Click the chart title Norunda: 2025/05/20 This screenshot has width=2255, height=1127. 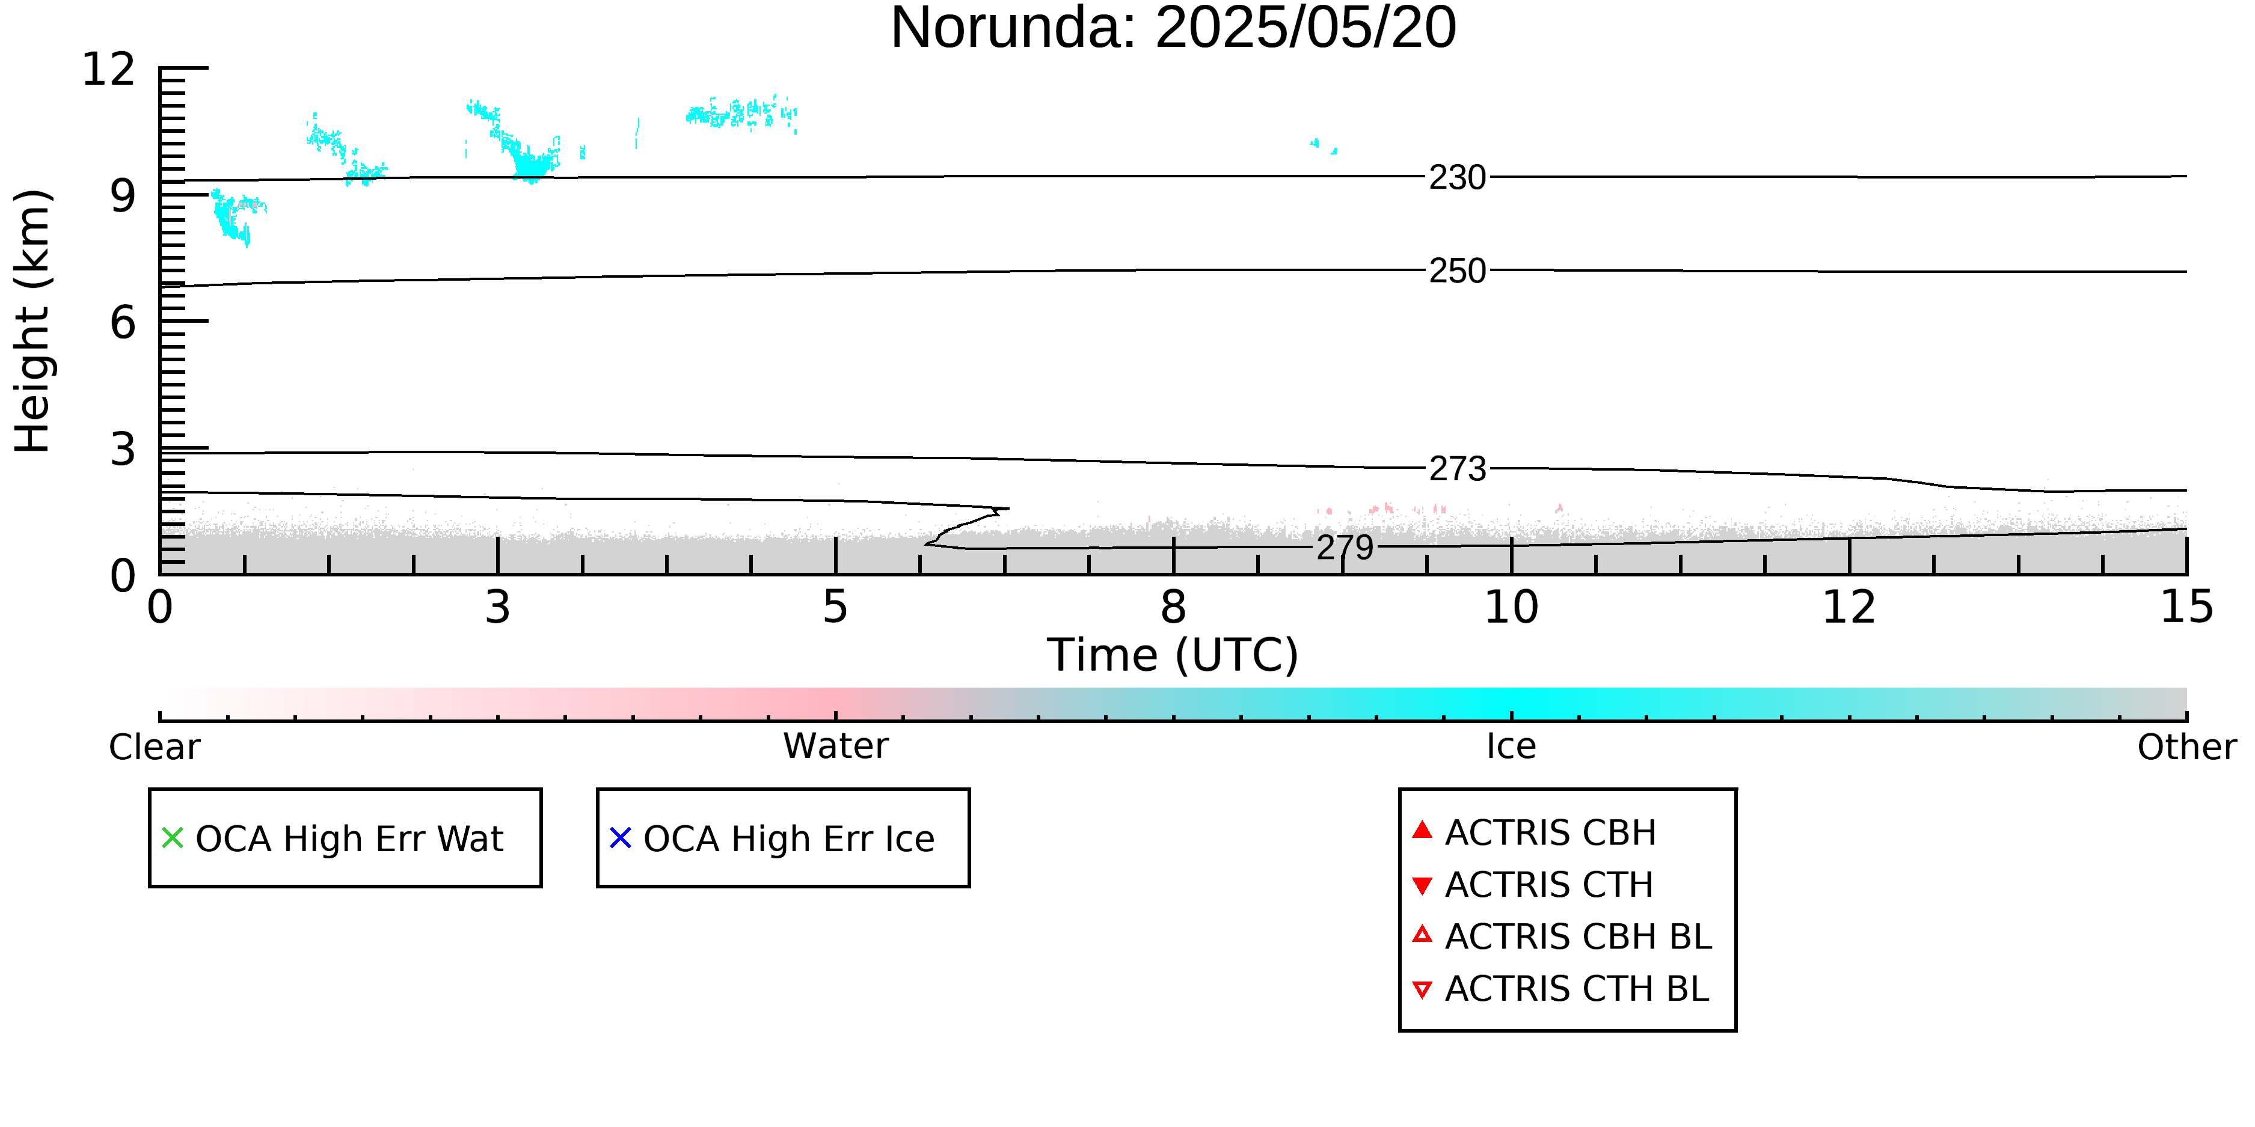[x=1173, y=28]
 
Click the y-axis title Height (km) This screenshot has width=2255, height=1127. [x=33, y=321]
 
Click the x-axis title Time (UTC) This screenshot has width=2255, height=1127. [x=1173, y=655]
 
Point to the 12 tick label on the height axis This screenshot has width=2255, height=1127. [x=109, y=69]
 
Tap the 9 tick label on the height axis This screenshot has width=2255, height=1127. [x=123, y=196]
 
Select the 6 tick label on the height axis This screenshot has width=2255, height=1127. [x=123, y=323]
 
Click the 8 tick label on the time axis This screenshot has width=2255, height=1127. [x=1173, y=607]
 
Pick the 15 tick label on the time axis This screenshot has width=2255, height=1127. [x=2186, y=607]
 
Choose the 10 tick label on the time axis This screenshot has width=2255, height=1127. [x=1511, y=607]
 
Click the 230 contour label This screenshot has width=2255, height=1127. [x=1458, y=178]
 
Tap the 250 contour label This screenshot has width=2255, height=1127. [x=1458, y=271]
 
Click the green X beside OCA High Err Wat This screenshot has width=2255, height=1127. [x=173, y=838]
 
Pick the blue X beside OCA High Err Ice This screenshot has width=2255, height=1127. [x=621, y=838]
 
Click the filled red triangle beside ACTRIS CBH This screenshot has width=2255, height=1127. [x=1423, y=829]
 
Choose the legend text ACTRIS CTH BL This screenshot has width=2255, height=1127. [x=1577, y=989]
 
